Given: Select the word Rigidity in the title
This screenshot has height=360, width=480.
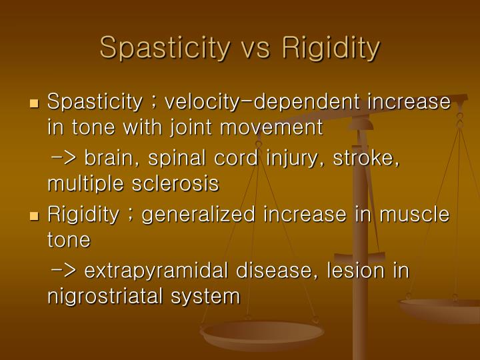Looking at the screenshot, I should (331, 47).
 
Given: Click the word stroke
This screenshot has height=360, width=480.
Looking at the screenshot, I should (367, 159).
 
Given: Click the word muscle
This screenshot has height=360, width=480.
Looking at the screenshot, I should (413, 215).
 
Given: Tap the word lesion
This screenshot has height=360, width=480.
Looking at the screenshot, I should (353, 271).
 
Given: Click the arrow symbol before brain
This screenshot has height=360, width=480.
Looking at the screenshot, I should (64, 159).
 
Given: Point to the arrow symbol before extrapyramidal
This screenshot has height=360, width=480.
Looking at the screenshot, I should (64, 271).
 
